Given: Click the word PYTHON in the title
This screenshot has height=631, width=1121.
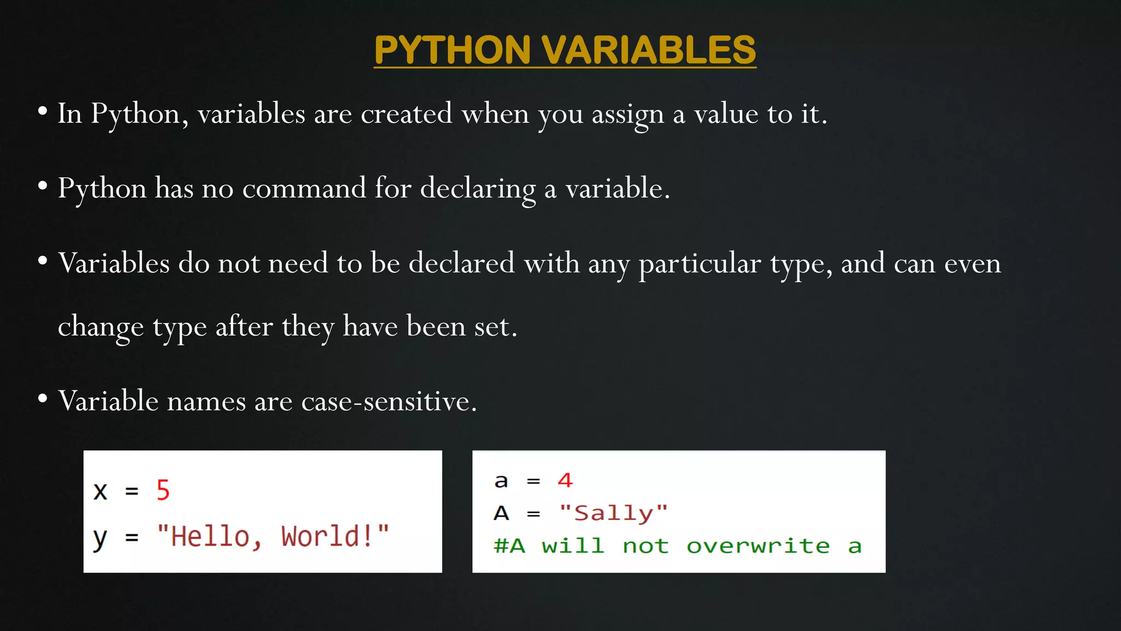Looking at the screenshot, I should [x=452, y=50].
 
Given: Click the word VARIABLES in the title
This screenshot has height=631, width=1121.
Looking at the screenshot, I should [x=649, y=50].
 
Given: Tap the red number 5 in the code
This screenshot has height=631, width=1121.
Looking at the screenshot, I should [x=163, y=490].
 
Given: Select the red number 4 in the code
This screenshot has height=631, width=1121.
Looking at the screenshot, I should [x=565, y=480].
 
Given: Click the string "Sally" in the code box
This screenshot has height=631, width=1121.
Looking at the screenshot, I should [x=613, y=513].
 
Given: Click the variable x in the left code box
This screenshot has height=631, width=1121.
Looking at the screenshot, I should [x=100, y=491].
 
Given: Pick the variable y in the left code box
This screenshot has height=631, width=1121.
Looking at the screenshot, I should [x=100, y=538].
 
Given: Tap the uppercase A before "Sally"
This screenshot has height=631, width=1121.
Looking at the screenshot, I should [x=501, y=513].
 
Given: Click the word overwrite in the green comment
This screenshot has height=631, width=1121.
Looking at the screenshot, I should [x=758, y=546].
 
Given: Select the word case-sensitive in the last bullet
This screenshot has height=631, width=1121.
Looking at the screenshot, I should [x=389, y=401].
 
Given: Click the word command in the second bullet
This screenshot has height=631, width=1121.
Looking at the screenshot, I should [x=304, y=188].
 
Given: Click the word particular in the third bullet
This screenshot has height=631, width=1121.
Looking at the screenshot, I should [x=700, y=264].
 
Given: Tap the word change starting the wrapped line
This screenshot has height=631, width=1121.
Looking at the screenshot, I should [x=101, y=327].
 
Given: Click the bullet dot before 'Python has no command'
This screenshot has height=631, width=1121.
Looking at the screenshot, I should [x=43, y=186].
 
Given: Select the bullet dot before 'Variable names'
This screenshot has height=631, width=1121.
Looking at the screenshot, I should [x=43, y=399].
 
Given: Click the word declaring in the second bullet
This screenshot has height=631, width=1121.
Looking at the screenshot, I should [x=477, y=189].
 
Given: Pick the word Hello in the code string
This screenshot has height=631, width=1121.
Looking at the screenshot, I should [x=210, y=536].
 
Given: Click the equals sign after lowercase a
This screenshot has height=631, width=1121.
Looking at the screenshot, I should [x=533, y=481].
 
